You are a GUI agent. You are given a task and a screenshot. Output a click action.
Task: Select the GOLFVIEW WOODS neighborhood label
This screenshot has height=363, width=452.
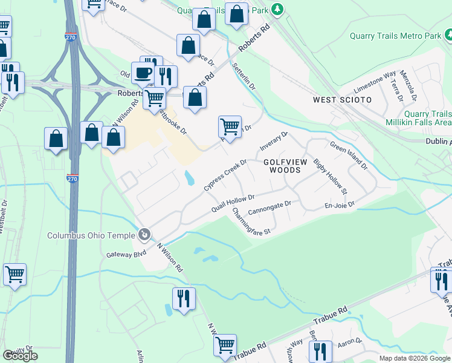(x=282, y=166)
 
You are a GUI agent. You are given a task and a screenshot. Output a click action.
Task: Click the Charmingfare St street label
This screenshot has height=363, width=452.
(x=251, y=221)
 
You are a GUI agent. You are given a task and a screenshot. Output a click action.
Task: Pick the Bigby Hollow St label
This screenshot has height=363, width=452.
(x=329, y=177)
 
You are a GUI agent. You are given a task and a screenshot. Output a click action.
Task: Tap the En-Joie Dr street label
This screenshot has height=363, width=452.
(x=339, y=206)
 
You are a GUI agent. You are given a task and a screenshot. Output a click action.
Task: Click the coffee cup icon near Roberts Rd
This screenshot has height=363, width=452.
(x=143, y=73)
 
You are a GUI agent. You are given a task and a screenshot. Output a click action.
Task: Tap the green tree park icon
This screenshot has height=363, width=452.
(x=277, y=9)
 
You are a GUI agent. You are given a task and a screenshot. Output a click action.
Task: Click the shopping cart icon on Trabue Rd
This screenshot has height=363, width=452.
(x=225, y=345)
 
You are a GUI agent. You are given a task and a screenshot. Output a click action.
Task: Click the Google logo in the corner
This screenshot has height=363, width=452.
(x=20, y=356)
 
